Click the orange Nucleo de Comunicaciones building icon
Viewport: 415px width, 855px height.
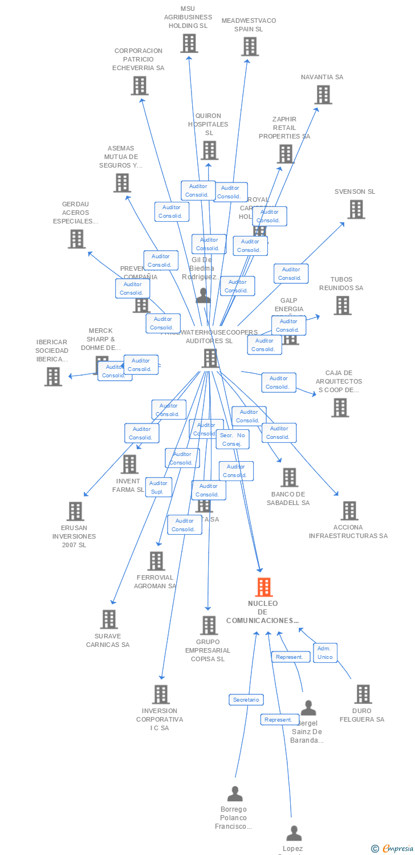pos(263,587)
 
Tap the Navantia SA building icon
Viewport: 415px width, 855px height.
pos(323,95)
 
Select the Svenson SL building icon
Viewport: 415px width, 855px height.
pos(356,209)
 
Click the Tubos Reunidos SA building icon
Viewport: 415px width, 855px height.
pos(343,306)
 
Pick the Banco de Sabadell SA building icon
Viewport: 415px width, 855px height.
pos(290,478)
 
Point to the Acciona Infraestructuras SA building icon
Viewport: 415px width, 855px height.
pos(349,511)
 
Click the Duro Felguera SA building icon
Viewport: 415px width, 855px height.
pos(363,694)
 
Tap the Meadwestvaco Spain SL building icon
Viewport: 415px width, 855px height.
pos(250,47)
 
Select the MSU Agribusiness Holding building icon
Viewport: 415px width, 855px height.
pos(189,43)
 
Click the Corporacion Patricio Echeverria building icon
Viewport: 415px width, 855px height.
pos(140,85)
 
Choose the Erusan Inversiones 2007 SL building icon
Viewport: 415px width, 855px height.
pos(75,511)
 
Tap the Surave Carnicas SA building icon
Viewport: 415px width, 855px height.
pos(109,620)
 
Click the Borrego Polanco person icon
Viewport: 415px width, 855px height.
pos(235,793)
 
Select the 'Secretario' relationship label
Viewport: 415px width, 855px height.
pos(246,699)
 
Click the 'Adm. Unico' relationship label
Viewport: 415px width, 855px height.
pos(325,653)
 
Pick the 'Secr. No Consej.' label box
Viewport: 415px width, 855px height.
pos(233,439)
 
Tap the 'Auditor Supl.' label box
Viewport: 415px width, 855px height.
pos(158,487)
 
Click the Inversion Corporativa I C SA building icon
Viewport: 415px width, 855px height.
pos(161,694)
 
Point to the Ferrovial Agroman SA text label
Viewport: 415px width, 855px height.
pos(155,581)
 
